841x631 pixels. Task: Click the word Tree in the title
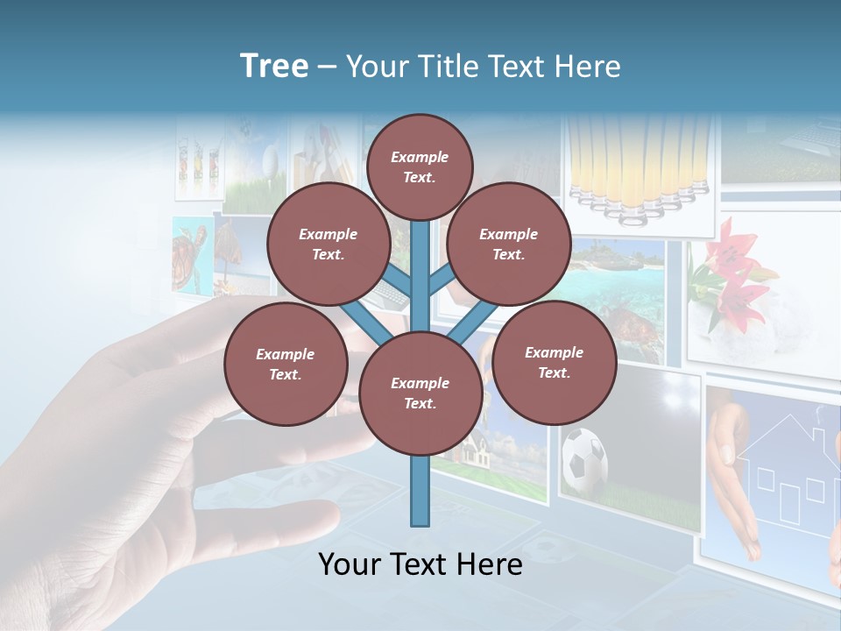click(274, 66)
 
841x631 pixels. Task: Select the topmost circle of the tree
click(420, 167)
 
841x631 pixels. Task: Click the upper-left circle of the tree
click(328, 245)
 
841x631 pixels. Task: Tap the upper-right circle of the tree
click(508, 245)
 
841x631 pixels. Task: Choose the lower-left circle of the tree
click(285, 365)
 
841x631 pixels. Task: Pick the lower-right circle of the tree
click(554, 362)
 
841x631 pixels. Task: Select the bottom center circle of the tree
click(420, 393)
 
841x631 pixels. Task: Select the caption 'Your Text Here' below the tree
click(420, 564)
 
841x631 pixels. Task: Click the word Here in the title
click(588, 66)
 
